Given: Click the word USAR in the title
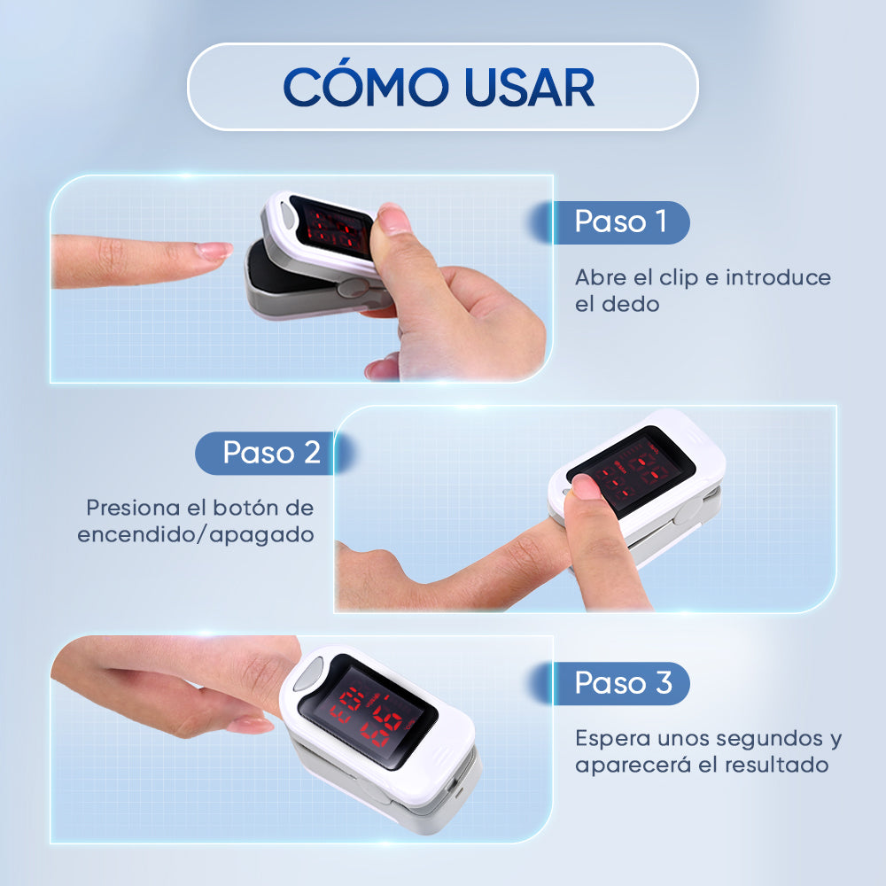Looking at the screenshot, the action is [x=530, y=88].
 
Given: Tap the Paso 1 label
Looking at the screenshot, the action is [x=620, y=221].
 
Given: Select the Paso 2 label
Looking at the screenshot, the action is [x=272, y=453].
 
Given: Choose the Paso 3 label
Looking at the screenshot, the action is [x=623, y=682].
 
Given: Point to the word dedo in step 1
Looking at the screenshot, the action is [x=630, y=305].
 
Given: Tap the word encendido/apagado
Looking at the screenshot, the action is [x=196, y=535].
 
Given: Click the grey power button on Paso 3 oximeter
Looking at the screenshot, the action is [x=307, y=674].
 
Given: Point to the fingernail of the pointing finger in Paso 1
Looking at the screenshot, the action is [x=214, y=251].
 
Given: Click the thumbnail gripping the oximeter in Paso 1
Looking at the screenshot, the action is [x=392, y=219].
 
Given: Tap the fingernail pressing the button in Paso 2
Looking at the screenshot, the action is [x=586, y=486].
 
